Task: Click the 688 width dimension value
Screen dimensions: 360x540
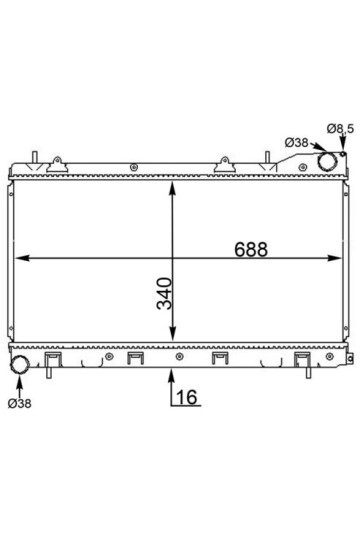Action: pos(251,249)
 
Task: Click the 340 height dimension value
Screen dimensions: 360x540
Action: pos(164,293)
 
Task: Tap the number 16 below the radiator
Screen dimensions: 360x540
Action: pos(186,397)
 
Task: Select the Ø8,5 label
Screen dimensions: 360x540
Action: pos(340,129)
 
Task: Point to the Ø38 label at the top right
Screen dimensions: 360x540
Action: pos(296,142)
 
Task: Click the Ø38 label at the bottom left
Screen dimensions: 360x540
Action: pos(20,403)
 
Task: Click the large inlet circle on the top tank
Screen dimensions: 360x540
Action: pos(327,162)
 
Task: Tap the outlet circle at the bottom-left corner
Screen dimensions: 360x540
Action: pos(20,365)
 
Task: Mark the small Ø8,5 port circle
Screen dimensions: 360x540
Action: pos(343,154)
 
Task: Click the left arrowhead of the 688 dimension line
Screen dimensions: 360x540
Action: pos(22,258)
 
